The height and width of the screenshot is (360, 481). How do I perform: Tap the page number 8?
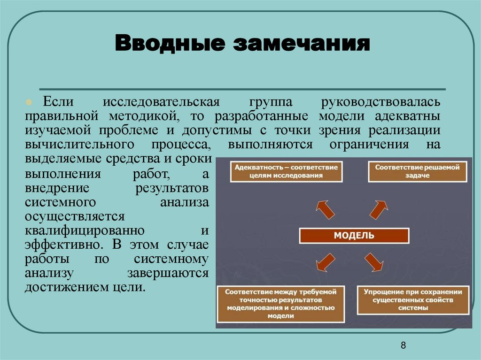[403, 346]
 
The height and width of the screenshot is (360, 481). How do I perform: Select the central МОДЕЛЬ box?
[354, 236]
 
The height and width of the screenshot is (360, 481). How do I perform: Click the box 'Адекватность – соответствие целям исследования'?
[287, 171]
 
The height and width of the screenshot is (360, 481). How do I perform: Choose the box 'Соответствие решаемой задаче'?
[417, 171]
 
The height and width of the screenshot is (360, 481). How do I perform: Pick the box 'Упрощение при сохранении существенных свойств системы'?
[413, 300]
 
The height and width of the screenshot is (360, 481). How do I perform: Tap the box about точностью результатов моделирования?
[280, 303]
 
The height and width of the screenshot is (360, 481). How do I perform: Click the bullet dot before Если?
[29, 102]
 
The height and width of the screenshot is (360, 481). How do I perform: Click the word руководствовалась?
[380, 102]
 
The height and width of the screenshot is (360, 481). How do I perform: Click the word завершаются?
[167, 274]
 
